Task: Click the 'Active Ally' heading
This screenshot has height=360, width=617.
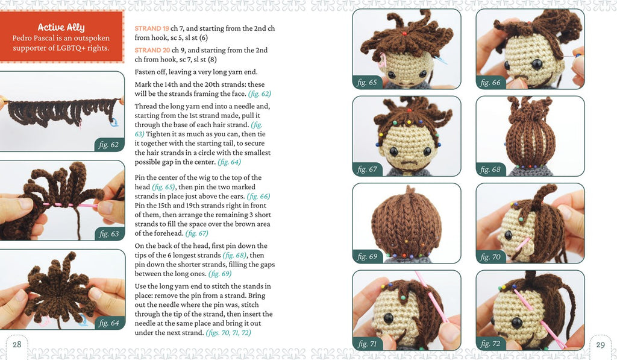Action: [61, 27]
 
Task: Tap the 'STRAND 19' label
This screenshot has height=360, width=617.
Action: [152, 28]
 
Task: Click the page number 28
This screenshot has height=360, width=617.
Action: [17, 345]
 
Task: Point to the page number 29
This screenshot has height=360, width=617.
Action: [600, 345]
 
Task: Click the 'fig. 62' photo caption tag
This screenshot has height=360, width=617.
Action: [109, 145]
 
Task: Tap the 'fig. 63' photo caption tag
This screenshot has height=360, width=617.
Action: [109, 233]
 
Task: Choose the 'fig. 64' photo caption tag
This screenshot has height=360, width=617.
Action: [109, 323]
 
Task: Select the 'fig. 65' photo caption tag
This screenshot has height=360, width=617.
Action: [367, 83]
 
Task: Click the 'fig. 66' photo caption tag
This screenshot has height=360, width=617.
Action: [490, 83]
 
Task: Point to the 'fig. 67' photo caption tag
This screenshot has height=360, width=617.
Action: [367, 169]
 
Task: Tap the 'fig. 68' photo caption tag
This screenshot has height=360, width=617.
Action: [490, 169]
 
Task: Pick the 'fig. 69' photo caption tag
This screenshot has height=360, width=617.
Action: [367, 257]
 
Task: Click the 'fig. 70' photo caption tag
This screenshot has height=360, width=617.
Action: [490, 257]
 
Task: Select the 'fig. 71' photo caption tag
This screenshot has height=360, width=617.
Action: [367, 344]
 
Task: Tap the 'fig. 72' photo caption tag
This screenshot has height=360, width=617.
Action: [490, 344]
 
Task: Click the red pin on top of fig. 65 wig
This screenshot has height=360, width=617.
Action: [404, 34]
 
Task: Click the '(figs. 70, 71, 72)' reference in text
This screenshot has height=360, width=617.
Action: [228, 332]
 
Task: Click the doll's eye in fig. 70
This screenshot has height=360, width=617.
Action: [509, 236]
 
